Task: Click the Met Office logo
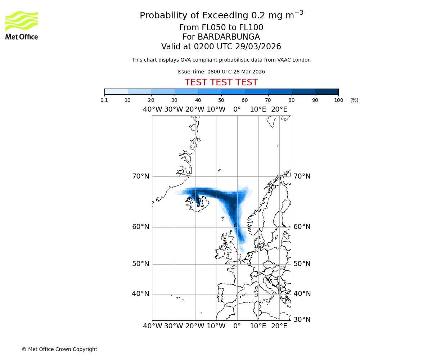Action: [x=22, y=25]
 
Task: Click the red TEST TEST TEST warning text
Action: [x=221, y=82]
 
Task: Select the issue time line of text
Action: [x=221, y=72]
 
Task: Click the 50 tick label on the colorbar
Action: [x=221, y=100]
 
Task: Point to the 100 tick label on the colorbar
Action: [x=338, y=100]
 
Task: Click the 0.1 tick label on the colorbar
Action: [x=104, y=100]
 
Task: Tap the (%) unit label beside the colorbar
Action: [x=354, y=100]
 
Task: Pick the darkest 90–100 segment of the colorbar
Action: [x=327, y=91]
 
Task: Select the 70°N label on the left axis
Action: [x=140, y=176]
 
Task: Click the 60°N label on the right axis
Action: [x=302, y=227]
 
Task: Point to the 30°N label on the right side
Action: [x=302, y=320]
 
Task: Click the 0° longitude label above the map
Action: [x=237, y=109]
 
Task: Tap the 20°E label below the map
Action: [x=279, y=326]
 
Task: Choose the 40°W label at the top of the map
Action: [x=153, y=109]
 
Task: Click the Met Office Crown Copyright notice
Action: [x=59, y=349]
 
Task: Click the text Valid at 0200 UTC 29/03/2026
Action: [x=221, y=46]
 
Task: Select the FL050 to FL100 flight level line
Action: [x=221, y=28]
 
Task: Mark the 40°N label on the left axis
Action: [x=140, y=294]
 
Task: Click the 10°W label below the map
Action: [x=216, y=326]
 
